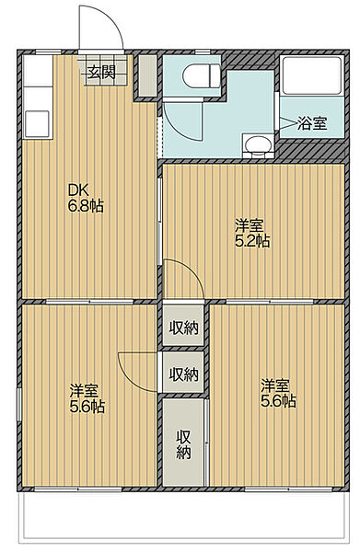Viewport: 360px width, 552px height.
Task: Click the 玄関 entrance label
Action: point(102,74)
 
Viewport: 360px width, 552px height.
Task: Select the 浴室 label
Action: point(312,123)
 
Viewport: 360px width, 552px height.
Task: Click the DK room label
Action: point(76,190)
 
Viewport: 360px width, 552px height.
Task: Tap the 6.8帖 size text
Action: point(85,206)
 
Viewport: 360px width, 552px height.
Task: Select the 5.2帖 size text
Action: point(250,241)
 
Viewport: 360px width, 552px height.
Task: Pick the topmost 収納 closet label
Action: point(183,328)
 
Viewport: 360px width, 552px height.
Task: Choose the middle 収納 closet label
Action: point(183,374)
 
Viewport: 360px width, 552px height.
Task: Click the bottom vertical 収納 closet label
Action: point(183,443)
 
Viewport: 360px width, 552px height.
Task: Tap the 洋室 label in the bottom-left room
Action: point(85,388)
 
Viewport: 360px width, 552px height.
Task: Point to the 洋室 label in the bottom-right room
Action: point(275,385)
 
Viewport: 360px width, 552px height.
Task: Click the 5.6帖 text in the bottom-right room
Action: point(277,401)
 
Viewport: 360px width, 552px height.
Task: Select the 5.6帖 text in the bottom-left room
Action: point(87,406)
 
